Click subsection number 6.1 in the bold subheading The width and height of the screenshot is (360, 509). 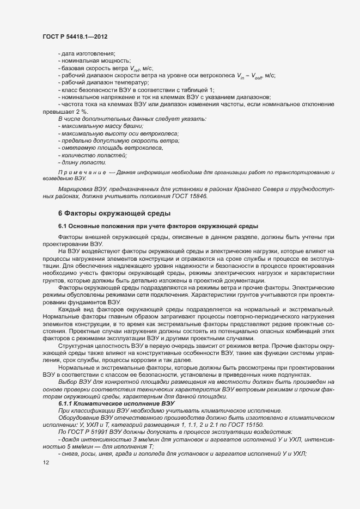click(63, 225)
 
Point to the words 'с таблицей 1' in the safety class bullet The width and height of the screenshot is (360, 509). click(197, 89)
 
